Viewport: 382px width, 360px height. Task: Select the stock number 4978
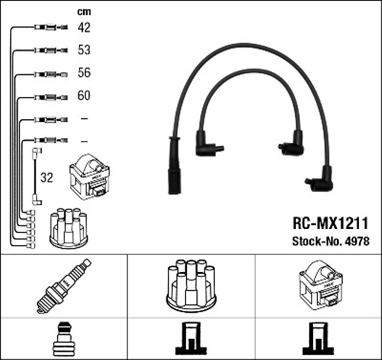(x=357, y=242)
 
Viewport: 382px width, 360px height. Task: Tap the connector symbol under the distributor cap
(x=190, y=339)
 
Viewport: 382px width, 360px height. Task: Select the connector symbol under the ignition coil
(x=318, y=339)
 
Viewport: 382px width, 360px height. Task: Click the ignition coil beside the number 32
(x=90, y=176)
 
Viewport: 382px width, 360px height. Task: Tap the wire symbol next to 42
(x=48, y=27)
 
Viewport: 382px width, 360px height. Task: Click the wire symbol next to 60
(x=48, y=96)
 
